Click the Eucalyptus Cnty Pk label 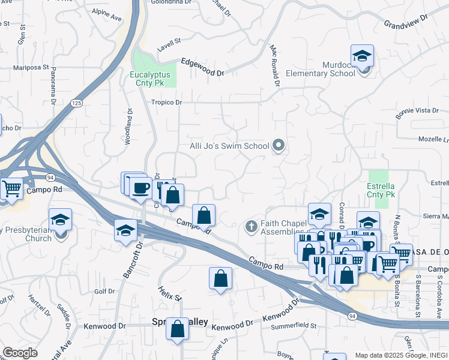tap(151, 79)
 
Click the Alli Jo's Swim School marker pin tap(279, 145)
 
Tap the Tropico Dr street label tap(166, 103)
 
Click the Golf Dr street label tap(104, 292)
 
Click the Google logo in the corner tap(20, 352)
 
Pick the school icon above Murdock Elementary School tap(363, 56)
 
